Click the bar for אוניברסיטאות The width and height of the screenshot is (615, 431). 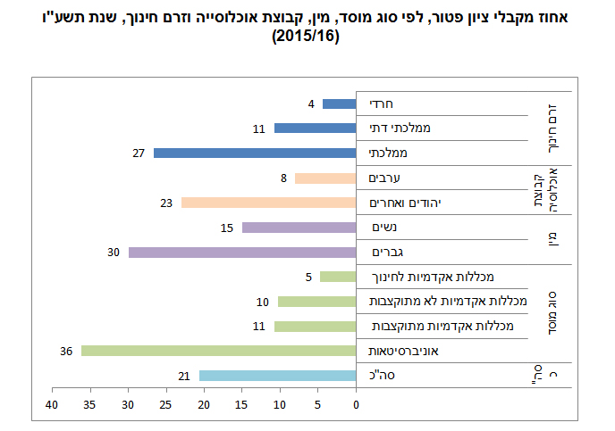pyautogui.click(x=218, y=351)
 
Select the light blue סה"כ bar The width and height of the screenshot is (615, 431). pyautogui.click(x=277, y=376)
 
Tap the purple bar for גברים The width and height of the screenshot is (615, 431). pyautogui.click(x=242, y=253)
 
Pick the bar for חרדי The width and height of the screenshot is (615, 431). pyautogui.click(x=340, y=104)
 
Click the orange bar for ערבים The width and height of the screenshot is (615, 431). pyautogui.click(x=325, y=178)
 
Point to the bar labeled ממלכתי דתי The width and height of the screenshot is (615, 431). pyautogui.click(x=315, y=128)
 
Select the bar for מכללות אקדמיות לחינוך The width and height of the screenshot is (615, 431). pyautogui.click(x=337, y=277)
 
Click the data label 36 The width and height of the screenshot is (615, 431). pyautogui.click(x=65, y=351)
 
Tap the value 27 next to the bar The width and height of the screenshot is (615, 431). pyautogui.click(x=139, y=153)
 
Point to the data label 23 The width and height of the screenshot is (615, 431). pyautogui.click(x=165, y=203)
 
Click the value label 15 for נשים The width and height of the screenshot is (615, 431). pyautogui.click(x=227, y=228)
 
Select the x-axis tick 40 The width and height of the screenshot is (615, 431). pyautogui.click(x=53, y=406)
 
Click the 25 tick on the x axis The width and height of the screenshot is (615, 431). pyautogui.click(x=166, y=406)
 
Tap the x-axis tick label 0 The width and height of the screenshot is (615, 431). pyautogui.click(x=356, y=406)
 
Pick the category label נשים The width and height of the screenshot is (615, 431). pyautogui.click(x=383, y=228)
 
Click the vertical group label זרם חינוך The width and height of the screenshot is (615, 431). pyautogui.click(x=552, y=128)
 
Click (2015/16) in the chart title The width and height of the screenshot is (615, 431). pyautogui.click(x=307, y=38)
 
